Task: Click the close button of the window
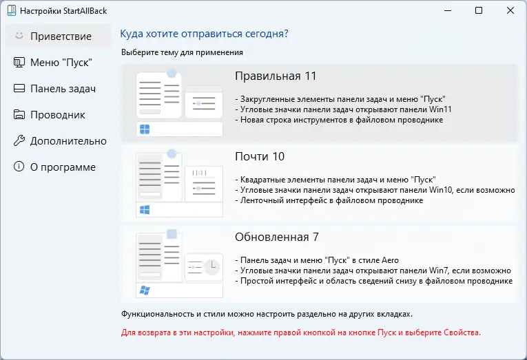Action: pos(509,10)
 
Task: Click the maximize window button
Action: pos(479,10)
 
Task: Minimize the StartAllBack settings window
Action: pos(448,10)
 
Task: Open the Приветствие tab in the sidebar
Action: pos(61,36)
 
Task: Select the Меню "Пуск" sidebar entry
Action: pos(61,62)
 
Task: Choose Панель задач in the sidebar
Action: pos(62,88)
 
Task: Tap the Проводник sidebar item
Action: pos(57,114)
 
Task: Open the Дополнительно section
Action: pos(68,140)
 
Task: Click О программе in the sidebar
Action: pos(63,167)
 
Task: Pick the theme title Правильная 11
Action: pos(275,76)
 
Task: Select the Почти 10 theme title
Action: pos(260,156)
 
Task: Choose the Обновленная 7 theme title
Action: pos(276,237)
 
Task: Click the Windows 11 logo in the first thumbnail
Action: pos(145,129)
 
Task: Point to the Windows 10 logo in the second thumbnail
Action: pos(145,209)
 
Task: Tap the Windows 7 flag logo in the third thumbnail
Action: pos(145,290)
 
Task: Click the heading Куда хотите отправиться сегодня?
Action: pos(204,34)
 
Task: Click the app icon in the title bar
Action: pos(10,11)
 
